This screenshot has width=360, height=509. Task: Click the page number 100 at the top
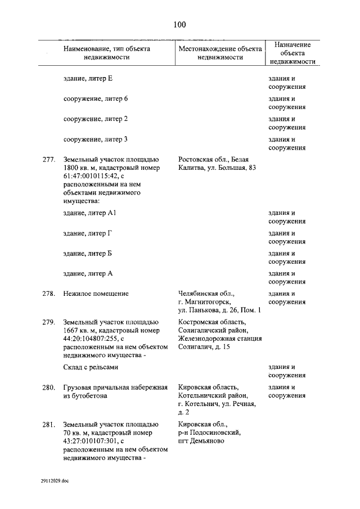tap(179, 24)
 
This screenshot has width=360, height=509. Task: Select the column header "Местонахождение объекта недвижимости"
tap(220, 53)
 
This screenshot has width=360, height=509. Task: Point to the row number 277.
tap(48, 160)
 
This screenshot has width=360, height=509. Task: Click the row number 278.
tap(48, 294)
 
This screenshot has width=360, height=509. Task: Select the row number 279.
tap(48, 322)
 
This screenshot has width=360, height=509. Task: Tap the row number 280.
tap(48, 388)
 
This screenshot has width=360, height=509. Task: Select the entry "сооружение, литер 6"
tap(96, 99)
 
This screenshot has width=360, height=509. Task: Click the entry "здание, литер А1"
tap(90, 213)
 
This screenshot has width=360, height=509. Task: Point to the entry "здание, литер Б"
tap(88, 254)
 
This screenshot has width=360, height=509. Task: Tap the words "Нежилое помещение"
tap(96, 294)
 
